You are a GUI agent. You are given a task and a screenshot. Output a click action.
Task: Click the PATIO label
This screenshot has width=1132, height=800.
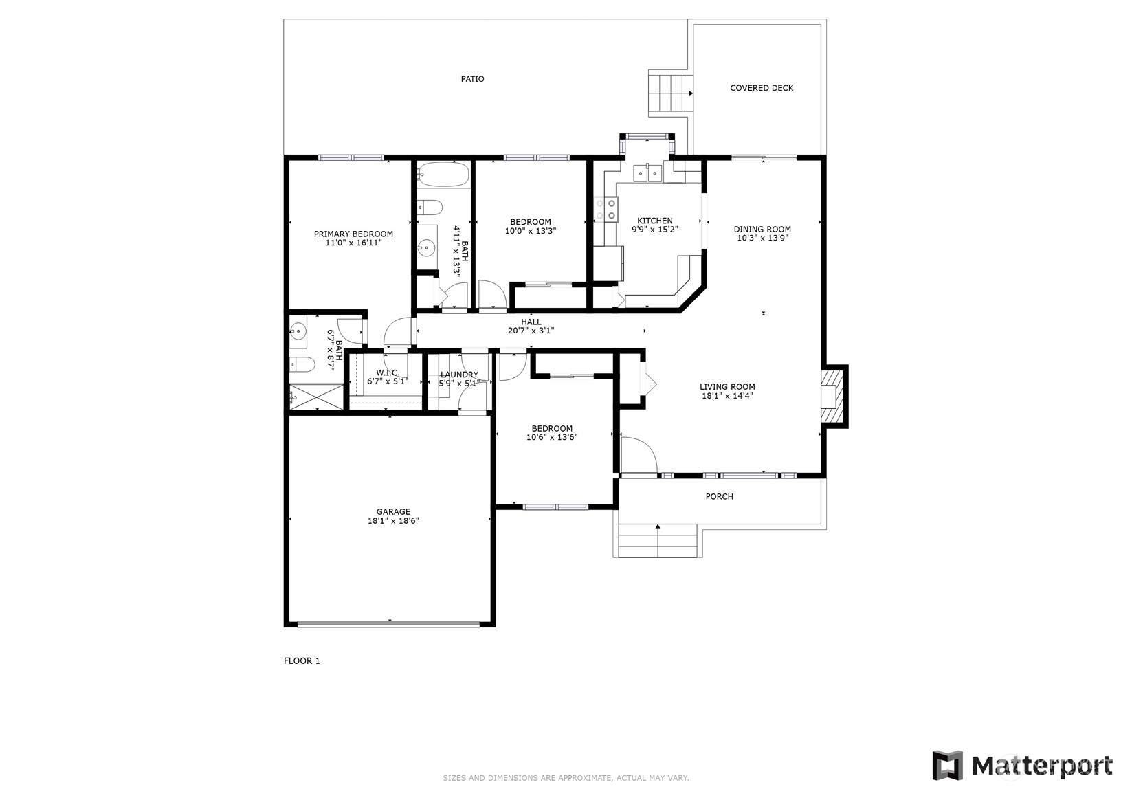point(472,79)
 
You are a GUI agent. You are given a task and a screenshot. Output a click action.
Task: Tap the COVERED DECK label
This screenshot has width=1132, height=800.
point(762,88)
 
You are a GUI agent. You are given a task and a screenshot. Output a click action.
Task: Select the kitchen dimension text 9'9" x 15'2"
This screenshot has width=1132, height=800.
point(655,230)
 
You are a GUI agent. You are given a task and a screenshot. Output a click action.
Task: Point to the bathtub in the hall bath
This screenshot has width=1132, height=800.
point(443,174)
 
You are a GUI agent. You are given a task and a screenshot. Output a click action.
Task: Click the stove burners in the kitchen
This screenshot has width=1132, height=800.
point(606,209)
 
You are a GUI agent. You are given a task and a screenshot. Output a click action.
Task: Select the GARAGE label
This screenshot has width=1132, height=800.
point(393,511)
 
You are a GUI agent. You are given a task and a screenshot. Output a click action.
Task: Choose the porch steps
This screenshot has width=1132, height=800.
point(658,540)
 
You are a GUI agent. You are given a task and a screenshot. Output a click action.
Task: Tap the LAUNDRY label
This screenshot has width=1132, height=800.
point(459,375)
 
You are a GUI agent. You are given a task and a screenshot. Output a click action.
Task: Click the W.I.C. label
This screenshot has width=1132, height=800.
point(388,373)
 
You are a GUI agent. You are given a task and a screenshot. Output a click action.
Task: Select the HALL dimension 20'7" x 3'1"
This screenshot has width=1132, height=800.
point(531,331)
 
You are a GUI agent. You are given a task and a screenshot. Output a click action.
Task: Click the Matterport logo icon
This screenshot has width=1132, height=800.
point(947,765)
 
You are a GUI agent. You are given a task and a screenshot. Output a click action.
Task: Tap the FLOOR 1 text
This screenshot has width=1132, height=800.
point(302,661)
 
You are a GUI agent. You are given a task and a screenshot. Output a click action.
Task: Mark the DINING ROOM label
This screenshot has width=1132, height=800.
point(762,230)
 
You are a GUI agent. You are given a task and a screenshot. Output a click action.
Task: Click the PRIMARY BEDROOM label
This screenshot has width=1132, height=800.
point(353,234)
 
